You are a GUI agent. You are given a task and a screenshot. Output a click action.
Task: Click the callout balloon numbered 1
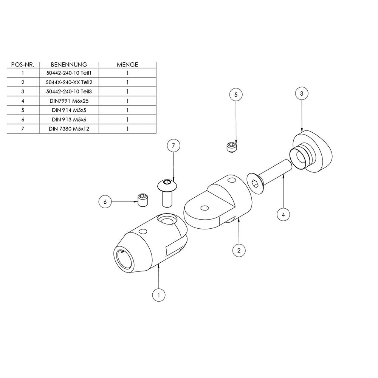pyautogui.click(x=159, y=295)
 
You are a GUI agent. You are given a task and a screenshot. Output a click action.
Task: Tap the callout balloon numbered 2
pyautogui.click(x=239, y=251)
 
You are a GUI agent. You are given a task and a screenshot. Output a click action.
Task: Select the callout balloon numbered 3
pyautogui.click(x=302, y=93)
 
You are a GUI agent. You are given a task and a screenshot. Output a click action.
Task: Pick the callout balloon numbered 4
pyautogui.click(x=283, y=214)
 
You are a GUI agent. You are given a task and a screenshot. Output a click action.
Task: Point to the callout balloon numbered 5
pyautogui.click(x=236, y=94)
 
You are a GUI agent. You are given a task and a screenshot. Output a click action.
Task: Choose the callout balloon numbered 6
pyautogui.click(x=105, y=201)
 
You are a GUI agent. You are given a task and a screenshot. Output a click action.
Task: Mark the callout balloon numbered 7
pyautogui.click(x=174, y=146)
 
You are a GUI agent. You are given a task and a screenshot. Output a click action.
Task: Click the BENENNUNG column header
pyautogui.click(x=69, y=65)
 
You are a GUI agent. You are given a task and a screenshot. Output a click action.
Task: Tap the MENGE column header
pyautogui.click(x=127, y=65)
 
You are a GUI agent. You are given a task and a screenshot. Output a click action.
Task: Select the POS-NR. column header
pyautogui.click(x=23, y=65)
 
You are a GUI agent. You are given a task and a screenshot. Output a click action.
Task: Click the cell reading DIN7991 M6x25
pyautogui.click(x=69, y=101)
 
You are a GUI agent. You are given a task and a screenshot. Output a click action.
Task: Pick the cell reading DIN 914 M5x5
pyautogui.click(x=69, y=110)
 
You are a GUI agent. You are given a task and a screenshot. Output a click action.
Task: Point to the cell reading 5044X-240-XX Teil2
pyautogui.click(x=69, y=82)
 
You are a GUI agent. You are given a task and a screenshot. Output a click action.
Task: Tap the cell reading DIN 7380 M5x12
pyautogui.click(x=69, y=129)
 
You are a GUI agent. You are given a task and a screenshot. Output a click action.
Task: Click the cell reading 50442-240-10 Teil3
pyautogui.click(x=69, y=91)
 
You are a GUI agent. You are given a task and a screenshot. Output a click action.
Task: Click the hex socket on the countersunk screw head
pyautogui.click(x=255, y=184)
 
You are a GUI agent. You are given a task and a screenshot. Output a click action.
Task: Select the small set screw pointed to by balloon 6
pyautogui.click(x=143, y=200)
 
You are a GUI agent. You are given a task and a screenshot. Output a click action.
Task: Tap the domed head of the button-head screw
pyautogui.click(x=167, y=185)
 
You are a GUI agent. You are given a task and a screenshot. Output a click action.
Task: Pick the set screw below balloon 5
pyautogui.click(x=232, y=147)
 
